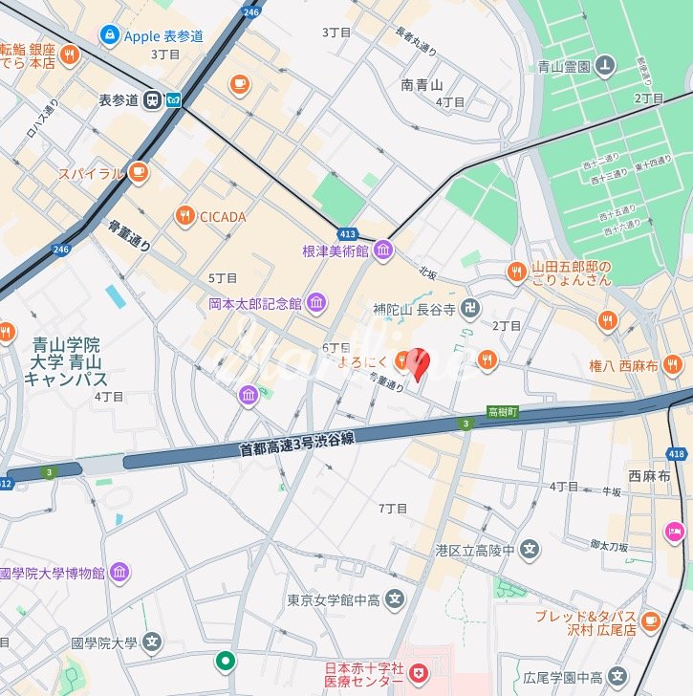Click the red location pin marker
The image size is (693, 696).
[418, 362]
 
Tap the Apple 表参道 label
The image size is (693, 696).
[164, 36]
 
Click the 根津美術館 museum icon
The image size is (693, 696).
[383, 250]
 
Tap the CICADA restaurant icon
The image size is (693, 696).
[184, 217]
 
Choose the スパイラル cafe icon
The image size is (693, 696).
[140, 173]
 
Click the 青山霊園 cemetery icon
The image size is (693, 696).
[604, 66]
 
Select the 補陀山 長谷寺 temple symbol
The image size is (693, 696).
[470, 309]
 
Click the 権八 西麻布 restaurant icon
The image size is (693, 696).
[673, 363]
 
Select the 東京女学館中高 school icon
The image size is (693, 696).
[396, 600]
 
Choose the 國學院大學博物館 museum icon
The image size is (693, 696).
[119, 573]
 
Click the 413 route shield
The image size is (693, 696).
[347, 233]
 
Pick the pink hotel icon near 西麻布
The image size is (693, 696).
[676, 531]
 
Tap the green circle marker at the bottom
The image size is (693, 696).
[226, 660]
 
